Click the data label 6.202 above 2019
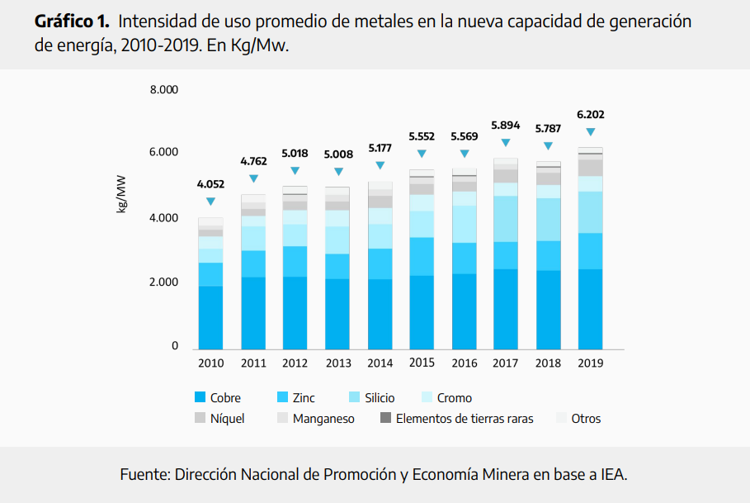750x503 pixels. coord(590,115)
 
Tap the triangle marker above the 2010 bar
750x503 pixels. coord(210,202)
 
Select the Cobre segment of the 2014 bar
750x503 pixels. coord(380,313)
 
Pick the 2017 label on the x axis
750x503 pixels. coord(505,363)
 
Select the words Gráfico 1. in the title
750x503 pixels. coord(72,21)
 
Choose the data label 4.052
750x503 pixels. coord(210,185)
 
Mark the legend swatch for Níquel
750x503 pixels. coord(200,419)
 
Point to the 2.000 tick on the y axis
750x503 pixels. coord(163,282)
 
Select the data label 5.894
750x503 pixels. coord(505,126)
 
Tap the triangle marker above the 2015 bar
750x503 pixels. coord(422,154)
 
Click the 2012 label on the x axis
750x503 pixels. coord(295,363)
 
